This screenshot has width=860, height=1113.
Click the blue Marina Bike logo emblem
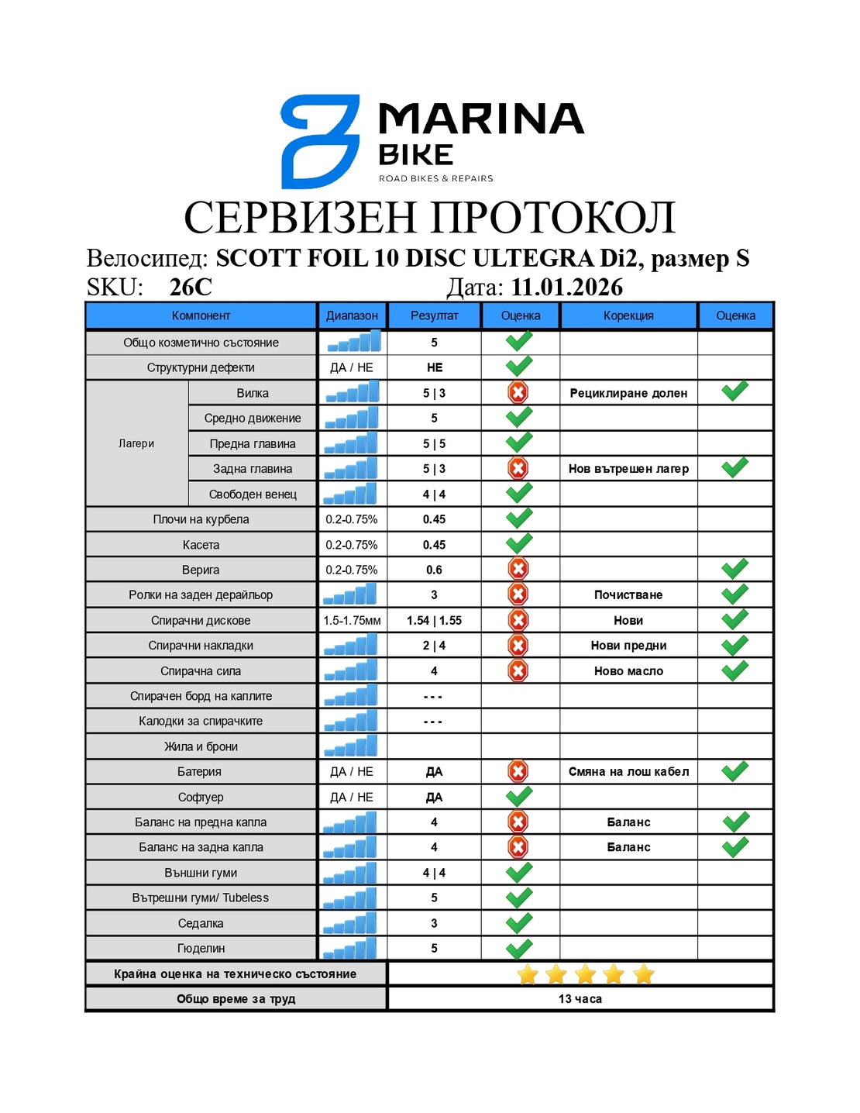pyautogui.click(x=319, y=141)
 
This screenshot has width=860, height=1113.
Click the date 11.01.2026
pyautogui.click(x=566, y=288)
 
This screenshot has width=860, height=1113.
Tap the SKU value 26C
pyautogui.click(x=191, y=288)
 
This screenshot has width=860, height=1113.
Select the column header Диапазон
pyautogui.click(x=352, y=315)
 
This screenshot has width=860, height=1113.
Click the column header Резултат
pyautogui.click(x=434, y=315)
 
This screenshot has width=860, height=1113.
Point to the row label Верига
pyautogui.click(x=201, y=570)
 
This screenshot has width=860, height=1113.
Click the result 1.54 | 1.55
pyautogui.click(x=434, y=620)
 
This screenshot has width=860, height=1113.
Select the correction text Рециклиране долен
pyautogui.click(x=628, y=393)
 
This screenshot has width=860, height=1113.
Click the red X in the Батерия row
pyautogui.click(x=518, y=771)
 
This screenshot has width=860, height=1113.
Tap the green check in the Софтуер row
pyautogui.click(x=518, y=796)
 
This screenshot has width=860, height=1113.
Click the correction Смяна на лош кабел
pyautogui.click(x=628, y=771)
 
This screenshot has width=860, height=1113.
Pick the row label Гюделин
pyautogui.click(x=201, y=948)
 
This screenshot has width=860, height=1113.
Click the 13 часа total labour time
pyautogui.click(x=580, y=999)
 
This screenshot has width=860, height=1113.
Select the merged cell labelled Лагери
pyautogui.click(x=136, y=443)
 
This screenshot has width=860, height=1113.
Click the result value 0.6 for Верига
pyautogui.click(x=434, y=570)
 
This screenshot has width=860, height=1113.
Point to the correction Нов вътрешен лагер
pyautogui.click(x=628, y=469)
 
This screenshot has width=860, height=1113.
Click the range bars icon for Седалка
pyautogui.click(x=350, y=923)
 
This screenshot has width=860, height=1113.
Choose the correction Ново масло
pyautogui.click(x=628, y=671)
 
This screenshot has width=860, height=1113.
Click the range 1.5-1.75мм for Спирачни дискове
pyautogui.click(x=352, y=620)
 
